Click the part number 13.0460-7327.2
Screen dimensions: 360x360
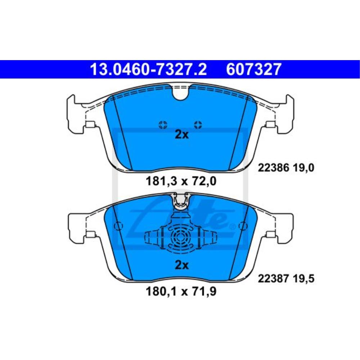149,69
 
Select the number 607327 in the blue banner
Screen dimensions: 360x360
253,69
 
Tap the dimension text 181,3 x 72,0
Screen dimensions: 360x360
181,181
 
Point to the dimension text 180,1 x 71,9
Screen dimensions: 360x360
181,292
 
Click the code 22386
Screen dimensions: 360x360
273,168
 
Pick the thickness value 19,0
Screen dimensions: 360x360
303,168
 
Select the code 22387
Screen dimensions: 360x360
273,279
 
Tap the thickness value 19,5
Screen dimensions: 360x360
303,279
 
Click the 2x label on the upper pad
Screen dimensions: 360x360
181,135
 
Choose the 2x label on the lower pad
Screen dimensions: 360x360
181,265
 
